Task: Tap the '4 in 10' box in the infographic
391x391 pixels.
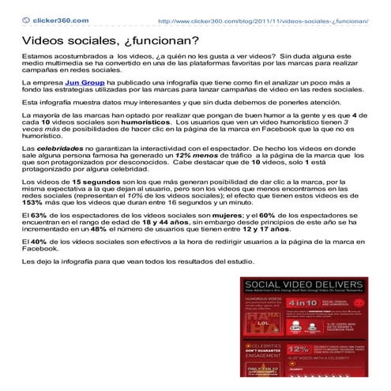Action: (x=302, y=303)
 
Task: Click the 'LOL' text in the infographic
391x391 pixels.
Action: (x=259, y=322)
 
